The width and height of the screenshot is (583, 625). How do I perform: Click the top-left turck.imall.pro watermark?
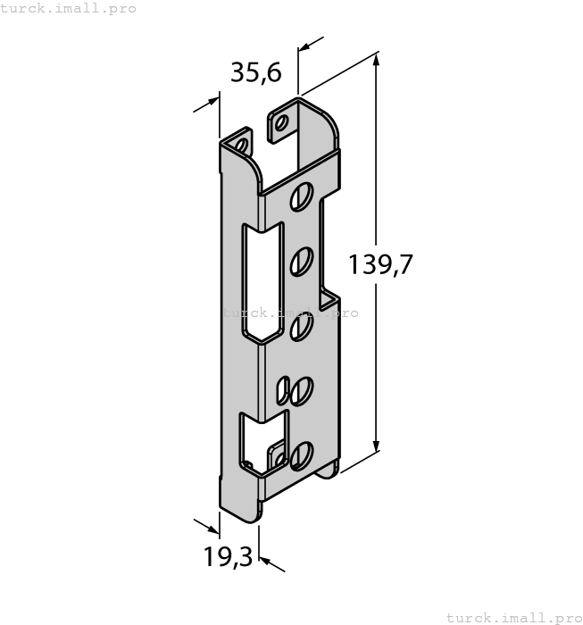[x=68, y=8]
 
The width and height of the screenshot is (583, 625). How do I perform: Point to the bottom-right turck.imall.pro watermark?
[x=512, y=617]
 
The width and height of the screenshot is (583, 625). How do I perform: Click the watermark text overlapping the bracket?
[x=290, y=312]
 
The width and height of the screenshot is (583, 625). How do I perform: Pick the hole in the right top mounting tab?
[x=281, y=122]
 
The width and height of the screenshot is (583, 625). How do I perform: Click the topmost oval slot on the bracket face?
[x=301, y=196]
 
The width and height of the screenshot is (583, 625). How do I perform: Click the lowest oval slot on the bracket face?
[x=301, y=454]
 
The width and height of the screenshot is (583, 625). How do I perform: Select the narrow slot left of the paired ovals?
[x=284, y=390]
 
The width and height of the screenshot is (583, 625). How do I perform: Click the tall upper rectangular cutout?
[x=260, y=281]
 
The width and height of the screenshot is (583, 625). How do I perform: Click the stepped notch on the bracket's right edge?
[x=329, y=294]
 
